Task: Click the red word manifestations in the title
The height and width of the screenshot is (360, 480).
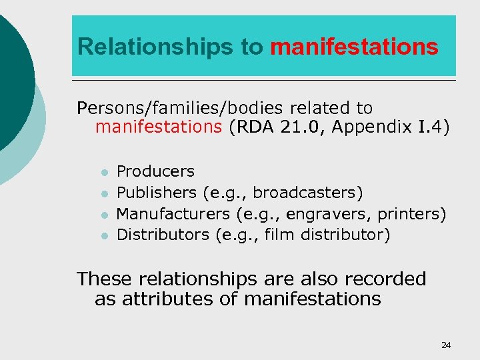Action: click(x=355, y=47)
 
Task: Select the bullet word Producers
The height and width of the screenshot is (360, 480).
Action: click(x=155, y=172)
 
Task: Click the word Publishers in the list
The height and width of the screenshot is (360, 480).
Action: click(x=156, y=193)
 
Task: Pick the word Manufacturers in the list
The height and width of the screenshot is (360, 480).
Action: click(x=173, y=214)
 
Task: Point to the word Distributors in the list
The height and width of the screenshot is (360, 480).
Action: click(x=163, y=235)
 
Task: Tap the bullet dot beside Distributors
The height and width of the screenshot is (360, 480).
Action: click(x=104, y=236)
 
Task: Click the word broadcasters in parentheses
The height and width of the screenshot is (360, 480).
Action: click(x=308, y=193)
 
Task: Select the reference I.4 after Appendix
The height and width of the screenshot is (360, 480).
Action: click(x=431, y=127)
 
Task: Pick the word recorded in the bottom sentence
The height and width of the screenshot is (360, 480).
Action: click(x=382, y=279)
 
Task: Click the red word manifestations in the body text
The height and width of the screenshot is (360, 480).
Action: click(x=159, y=127)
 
